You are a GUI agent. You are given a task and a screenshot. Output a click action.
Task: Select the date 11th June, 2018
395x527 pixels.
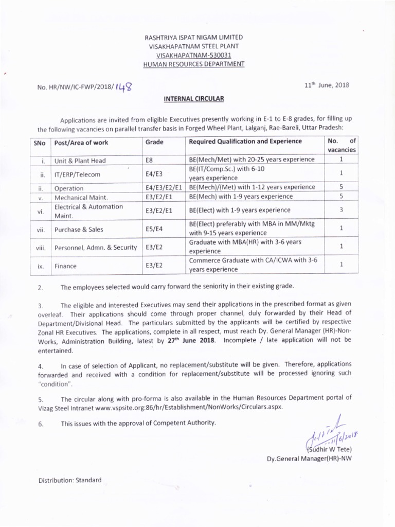327,85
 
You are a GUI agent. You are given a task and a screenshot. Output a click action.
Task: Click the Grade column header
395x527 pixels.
154,142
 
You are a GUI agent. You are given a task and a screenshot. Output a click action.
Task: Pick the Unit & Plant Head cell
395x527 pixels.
80,161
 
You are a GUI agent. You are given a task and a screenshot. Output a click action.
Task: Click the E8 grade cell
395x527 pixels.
150,161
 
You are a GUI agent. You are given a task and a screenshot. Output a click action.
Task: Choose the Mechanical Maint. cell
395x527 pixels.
81,197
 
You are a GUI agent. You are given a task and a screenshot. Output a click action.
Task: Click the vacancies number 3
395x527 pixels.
341,210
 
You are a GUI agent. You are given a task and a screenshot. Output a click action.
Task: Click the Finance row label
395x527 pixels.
66,266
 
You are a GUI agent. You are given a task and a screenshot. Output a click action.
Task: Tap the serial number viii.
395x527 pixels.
42,248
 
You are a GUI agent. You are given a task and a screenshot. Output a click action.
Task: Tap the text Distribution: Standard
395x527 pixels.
70,480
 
